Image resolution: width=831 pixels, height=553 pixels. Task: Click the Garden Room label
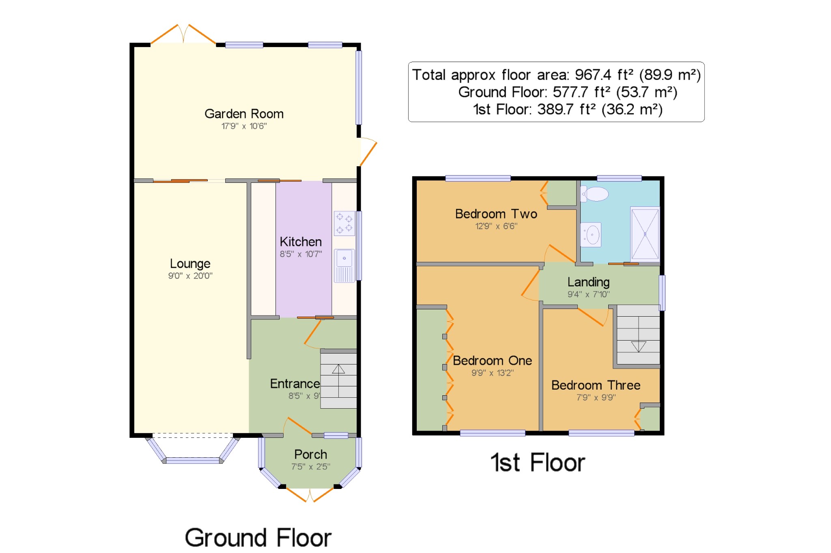tap(244, 114)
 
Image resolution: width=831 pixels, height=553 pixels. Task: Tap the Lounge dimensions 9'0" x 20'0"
tap(190, 276)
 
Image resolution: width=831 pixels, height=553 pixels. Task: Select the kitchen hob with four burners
tap(344, 223)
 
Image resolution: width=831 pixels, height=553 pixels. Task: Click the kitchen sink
tap(344, 266)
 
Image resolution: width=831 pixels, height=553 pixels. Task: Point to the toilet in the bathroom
tap(595, 194)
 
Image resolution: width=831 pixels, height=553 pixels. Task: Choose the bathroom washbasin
tap(591, 235)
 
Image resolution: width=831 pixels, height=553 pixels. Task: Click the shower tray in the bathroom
tap(645, 234)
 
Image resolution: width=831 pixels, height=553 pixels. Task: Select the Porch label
tap(310, 454)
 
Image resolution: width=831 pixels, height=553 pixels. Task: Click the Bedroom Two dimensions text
tap(496, 226)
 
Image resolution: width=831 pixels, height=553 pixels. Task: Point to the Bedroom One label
tap(492, 360)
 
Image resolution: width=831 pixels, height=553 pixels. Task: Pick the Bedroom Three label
tap(596, 385)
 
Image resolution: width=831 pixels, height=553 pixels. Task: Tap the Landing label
tap(588, 282)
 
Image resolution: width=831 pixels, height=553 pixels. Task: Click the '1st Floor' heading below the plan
tap(538, 463)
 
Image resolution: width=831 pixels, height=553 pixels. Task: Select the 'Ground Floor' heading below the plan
tap(258, 538)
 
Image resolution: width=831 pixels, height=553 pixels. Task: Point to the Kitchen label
tap(301, 242)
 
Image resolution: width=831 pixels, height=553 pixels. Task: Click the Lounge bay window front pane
tap(193, 461)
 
